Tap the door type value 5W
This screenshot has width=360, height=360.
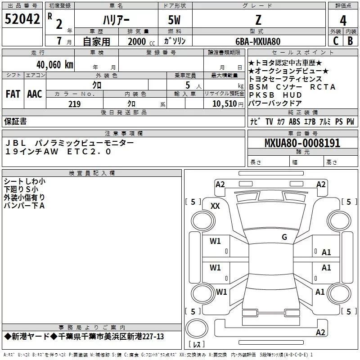point(175,20)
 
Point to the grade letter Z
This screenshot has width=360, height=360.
point(258,19)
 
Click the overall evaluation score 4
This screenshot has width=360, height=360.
point(343,20)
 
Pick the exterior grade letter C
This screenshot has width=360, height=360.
point(335,41)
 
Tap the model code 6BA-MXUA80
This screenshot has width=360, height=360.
point(258,41)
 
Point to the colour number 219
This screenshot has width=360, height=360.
point(74,104)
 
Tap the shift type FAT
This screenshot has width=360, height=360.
point(13,94)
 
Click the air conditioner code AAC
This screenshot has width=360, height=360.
point(35,94)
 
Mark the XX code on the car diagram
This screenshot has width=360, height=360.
point(215,206)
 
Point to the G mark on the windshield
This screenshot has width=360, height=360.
point(284,237)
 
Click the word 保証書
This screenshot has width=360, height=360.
point(15,121)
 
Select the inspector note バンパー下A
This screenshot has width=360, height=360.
point(24,205)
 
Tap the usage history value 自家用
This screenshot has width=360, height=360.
point(96,41)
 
